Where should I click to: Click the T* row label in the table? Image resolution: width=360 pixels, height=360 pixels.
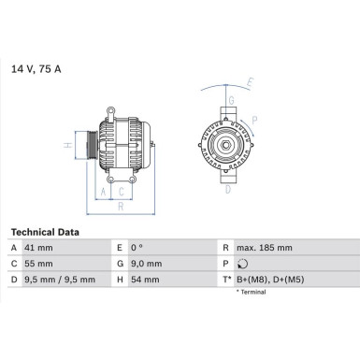[x=227, y=279]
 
